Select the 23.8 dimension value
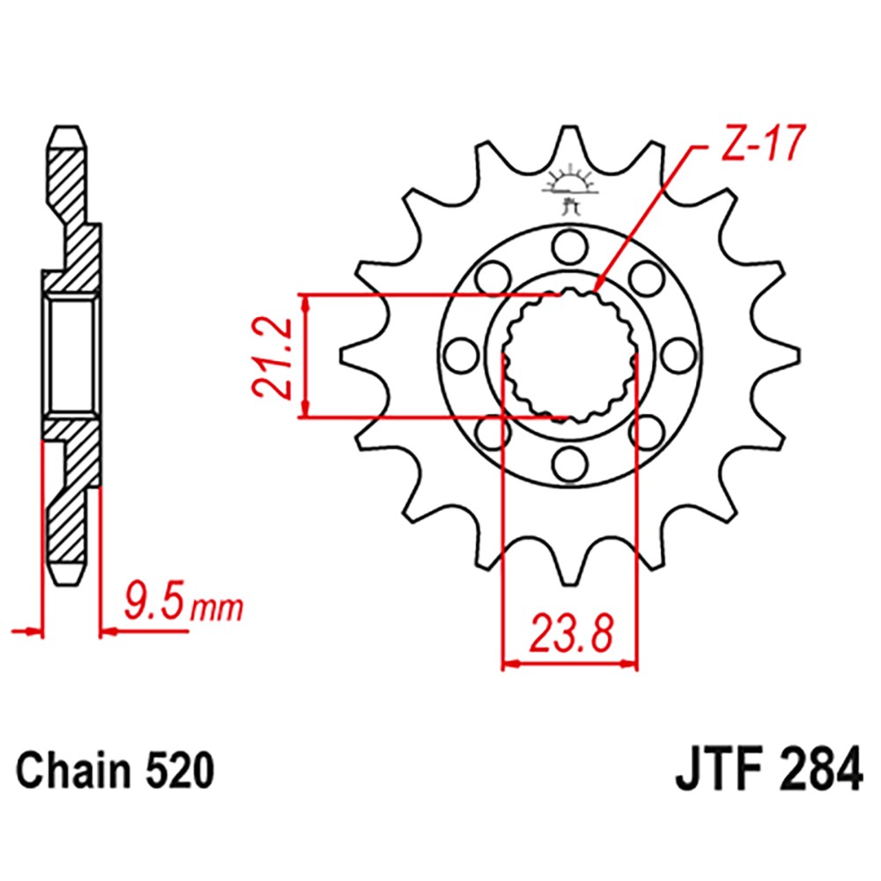click(569, 634)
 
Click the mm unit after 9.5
click(216, 608)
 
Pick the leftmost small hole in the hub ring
click(459, 355)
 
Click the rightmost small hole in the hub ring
click(677, 355)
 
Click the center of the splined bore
click(570, 355)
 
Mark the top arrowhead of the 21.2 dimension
click(306, 302)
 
